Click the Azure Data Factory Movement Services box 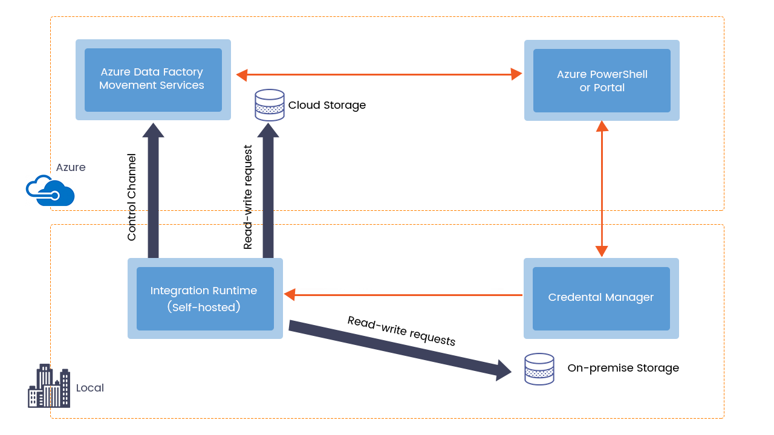tap(153, 79)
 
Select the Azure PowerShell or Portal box tap(602, 80)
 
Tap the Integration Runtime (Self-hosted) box tap(205, 298)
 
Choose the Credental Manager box tap(601, 298)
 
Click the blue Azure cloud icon tap(51, 191)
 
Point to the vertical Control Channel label tap(132, 198)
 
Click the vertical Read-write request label tap(248, 197)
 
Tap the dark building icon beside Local tap(49, 385)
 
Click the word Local tap(90, 388)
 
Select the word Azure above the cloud tap(71, 167)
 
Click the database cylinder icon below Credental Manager tap(539, 369)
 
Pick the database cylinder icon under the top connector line tap(269, 105)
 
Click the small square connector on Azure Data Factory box tap(242, 76)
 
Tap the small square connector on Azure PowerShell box tap(516, 74)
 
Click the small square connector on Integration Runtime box tap(290, 295)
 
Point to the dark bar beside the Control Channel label tap(153, 189)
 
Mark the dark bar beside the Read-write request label tap(268, 189)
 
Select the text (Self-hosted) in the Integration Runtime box tap(204, 307)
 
